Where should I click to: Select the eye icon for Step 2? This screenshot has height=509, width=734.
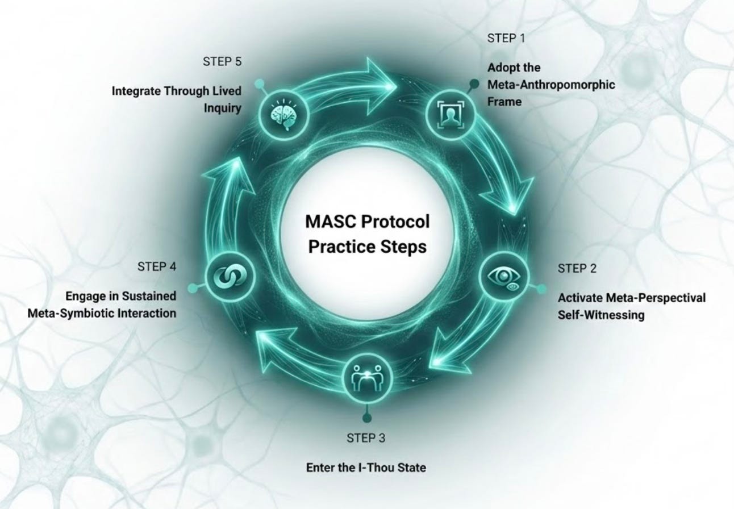click(x=504, y=277)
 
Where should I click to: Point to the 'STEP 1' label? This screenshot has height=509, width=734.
click(x=506, y=38)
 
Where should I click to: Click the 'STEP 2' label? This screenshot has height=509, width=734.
click(x=577, y=269)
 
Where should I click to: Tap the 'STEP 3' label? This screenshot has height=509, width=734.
click(x=366, y=438)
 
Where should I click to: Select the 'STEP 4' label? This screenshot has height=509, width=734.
click(x=157, y=266)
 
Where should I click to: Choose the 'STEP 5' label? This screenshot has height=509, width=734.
click(x=222, y=62)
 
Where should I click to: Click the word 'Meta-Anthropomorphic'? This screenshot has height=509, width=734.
click(x=551, y=85)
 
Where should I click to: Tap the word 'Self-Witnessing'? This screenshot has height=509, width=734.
click(x=601, y=314)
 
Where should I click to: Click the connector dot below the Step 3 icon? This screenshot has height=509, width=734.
click(x=366, y=418)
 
